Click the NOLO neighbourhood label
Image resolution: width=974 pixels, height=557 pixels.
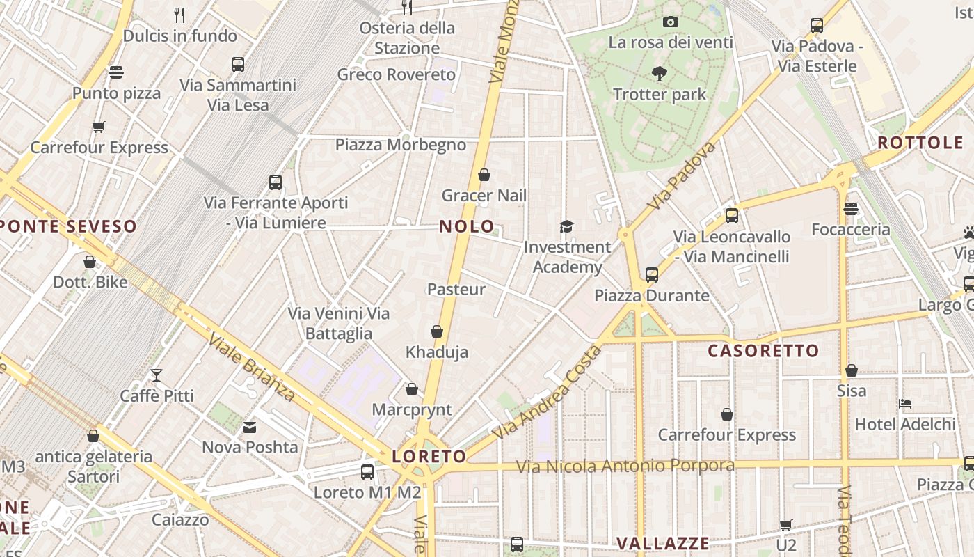coord(467,226)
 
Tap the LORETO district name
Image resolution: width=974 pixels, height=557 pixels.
coord(429,457)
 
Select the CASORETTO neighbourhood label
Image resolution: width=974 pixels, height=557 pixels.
coord(763,351)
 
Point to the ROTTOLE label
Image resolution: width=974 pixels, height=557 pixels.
coord(920,143)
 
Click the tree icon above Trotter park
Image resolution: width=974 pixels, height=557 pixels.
coord(659,72)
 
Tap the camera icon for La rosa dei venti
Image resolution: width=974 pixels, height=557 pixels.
coord(671,22)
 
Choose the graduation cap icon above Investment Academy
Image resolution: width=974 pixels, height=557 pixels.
coord(567,226)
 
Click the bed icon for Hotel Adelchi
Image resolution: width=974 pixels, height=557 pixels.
coord(904,403)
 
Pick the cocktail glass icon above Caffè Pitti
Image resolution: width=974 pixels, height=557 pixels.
coord(157,375)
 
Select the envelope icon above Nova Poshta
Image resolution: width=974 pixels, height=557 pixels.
coord(250,426)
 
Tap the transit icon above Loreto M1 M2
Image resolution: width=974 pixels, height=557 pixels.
coord(367,471)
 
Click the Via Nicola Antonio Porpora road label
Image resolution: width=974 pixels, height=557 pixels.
coord(625,466)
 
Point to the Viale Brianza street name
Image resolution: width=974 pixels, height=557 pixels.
coord(252,367)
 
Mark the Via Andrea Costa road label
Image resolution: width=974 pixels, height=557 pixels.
coord(546,393)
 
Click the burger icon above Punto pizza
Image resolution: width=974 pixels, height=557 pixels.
coord(116,72)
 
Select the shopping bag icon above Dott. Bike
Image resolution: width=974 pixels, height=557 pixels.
coord(90,262)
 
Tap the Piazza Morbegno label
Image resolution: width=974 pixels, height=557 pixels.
coord(400,145)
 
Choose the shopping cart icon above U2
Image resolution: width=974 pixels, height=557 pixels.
coord(785,525)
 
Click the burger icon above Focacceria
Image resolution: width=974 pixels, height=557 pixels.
coord(850,209)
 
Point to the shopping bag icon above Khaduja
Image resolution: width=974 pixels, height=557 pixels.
coord(437,331)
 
